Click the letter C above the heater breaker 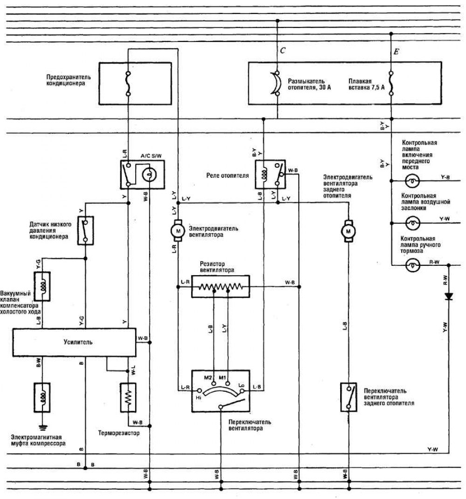click(x=282, y=50)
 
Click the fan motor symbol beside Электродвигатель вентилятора click(x=178, y=230)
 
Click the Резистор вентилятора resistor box click(x=220, y=286)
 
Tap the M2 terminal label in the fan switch click(x=208, y=377)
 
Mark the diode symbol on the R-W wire click(x=449, y=296)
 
